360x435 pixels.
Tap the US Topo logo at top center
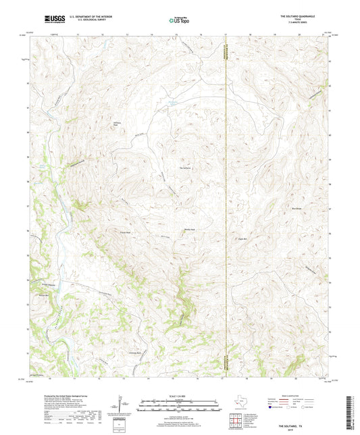(x=179, y=20)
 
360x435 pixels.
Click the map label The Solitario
(x=186, y=168)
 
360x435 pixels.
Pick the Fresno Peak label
(x=124, y=232)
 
